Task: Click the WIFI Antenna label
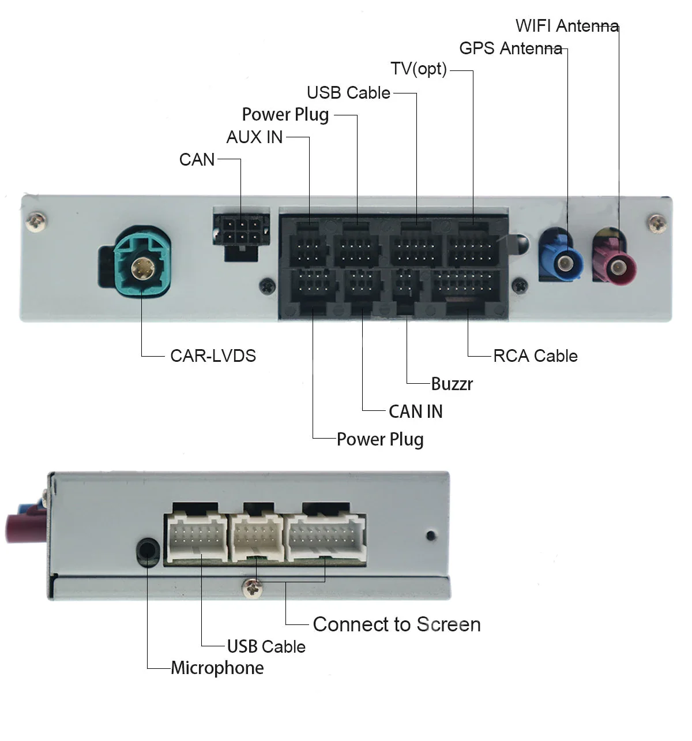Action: coord(567,26)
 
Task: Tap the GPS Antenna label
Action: coord(510,48)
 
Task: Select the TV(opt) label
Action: coord(419,69)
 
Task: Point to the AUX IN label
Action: coord(254,137)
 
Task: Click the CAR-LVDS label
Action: coord(213,355)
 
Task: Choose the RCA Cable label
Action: coord(535,355)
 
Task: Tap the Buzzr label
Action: coord(452,384)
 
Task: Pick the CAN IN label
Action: coord(415,411)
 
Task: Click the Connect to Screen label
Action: coord(397,624)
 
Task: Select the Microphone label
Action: coord(217,668)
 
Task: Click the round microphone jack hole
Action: coord(147,551)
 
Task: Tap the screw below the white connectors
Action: coord(253,587)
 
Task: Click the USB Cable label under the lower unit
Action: coord(266,646)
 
